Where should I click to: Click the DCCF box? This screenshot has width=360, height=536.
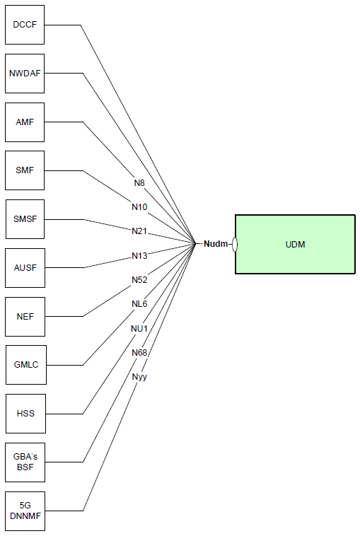25,25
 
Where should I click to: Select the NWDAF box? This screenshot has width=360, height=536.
25,73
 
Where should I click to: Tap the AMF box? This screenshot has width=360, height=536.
25,122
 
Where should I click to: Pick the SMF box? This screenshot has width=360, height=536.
25,170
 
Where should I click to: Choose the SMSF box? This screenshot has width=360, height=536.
25,219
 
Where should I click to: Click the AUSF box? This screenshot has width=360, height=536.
25,268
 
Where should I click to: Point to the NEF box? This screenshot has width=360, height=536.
25,317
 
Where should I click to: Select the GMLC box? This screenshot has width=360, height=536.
26,365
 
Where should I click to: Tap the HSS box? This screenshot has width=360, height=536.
25,414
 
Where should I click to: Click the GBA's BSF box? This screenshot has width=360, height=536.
25,462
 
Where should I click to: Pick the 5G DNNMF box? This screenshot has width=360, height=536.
25,511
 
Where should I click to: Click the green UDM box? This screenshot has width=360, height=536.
295,244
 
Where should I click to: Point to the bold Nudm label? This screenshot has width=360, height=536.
216,244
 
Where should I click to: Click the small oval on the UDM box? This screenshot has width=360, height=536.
235,244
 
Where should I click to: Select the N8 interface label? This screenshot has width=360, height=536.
139,183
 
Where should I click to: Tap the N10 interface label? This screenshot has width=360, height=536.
139,206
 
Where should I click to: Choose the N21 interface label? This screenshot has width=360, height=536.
139,231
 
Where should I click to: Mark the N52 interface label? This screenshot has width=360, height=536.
139,279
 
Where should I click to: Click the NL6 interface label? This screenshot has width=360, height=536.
139,304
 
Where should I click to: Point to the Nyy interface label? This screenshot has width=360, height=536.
139,377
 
